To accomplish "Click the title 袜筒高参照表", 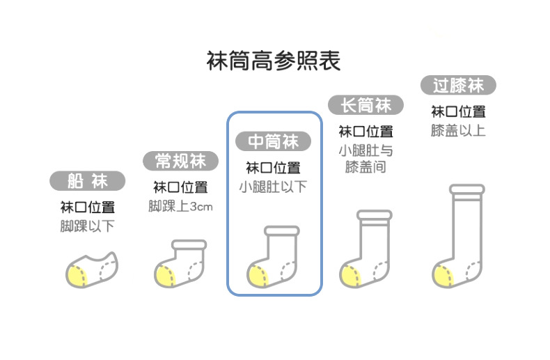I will point(274,61).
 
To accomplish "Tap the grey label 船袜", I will point(88,182).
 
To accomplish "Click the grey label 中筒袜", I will point(274,141).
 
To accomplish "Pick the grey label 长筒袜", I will point(366,105).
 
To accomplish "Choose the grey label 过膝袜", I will point(458,86).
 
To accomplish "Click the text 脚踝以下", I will point(87,226).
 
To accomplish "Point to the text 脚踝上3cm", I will point(180,206).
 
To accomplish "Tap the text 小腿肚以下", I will point(273,187).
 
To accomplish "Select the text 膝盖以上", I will point(458,130).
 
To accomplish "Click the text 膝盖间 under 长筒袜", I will point(366,167).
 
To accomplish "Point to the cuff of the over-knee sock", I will point(466,189).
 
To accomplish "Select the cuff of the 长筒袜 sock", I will point(375,215).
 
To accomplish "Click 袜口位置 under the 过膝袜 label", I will point(458,111).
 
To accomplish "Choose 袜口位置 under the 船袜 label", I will point(87,207).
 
